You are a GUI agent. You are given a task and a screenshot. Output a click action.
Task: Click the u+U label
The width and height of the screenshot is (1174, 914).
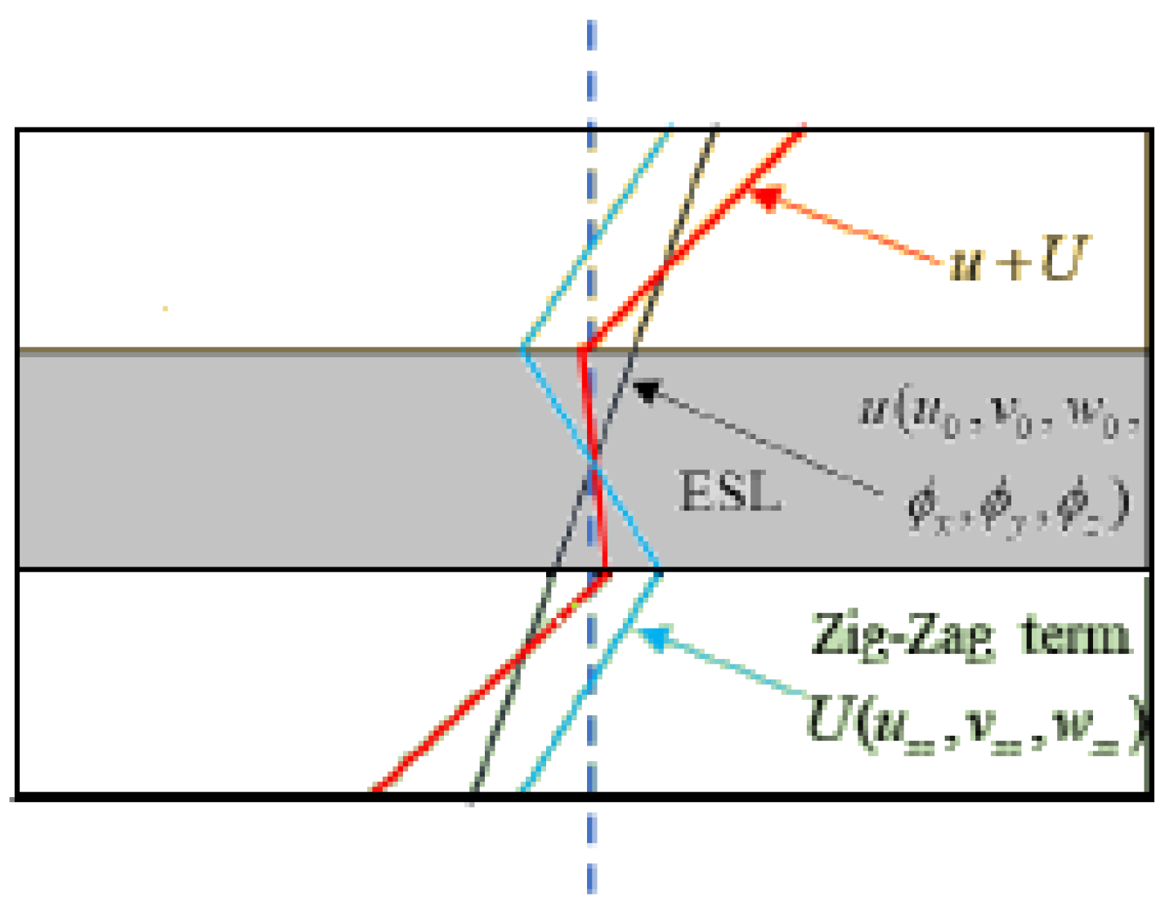[x=1019, y=261]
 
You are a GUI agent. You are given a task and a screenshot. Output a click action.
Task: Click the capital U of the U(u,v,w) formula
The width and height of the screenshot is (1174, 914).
[x=829, y=719]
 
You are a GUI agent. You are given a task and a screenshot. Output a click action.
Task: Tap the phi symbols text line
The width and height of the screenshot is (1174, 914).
[x=1018, y=505]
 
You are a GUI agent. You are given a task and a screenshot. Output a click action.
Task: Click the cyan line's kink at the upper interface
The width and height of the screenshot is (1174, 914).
[x=523, y=351]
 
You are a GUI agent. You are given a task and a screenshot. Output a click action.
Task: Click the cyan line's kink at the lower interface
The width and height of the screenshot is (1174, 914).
[x=659, y=571]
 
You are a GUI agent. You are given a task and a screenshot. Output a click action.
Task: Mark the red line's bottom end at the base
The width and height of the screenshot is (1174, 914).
[x=374, y=790]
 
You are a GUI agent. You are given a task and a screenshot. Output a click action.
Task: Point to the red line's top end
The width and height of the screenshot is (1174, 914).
[x=803, y=128]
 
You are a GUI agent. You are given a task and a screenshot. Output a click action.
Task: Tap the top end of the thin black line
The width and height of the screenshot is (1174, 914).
[x=716, y=126]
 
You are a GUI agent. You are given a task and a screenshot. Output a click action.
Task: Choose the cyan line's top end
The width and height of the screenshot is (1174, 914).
[x=670, y=126]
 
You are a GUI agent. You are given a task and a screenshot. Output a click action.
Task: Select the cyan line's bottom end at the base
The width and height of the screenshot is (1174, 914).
[x=522, y=790]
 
